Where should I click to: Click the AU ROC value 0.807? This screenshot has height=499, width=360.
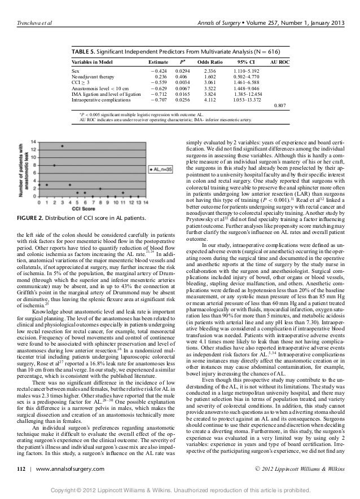click(279, 105)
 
